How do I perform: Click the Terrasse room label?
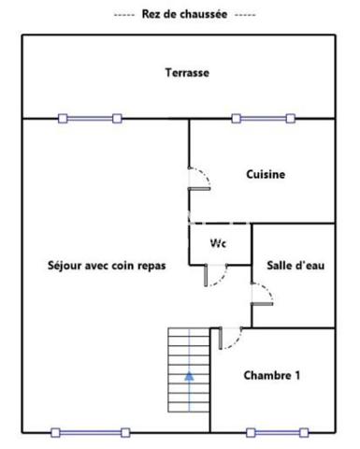(x=187, y=72)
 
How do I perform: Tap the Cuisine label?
(x=266, y=174)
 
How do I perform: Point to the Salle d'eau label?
(x=295, y=266)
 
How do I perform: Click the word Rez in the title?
(x=151, y=15)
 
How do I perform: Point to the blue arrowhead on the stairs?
(x=189, y=376)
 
